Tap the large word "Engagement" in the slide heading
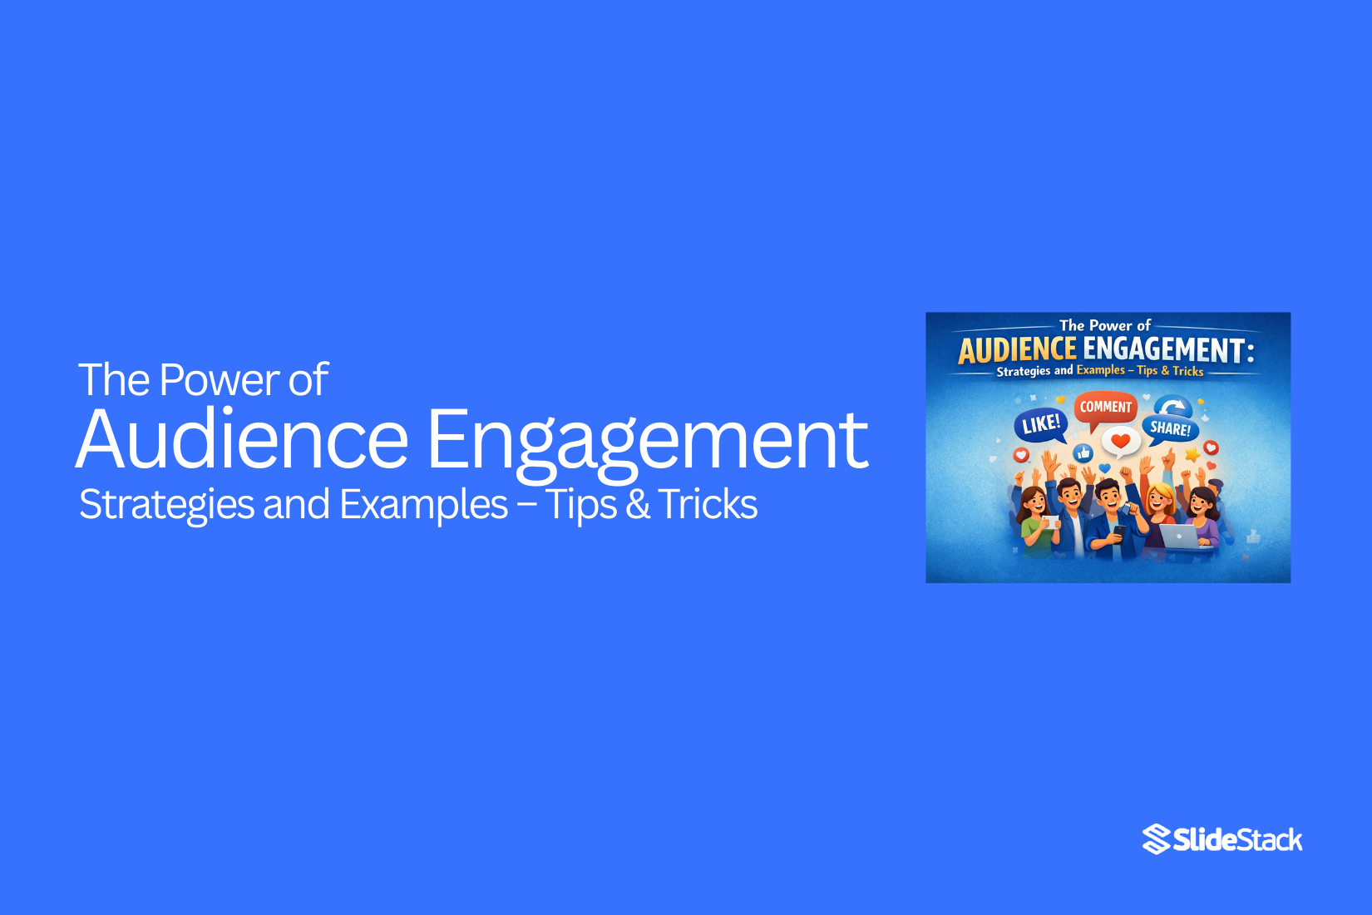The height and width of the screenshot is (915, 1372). click(x=647, y=441)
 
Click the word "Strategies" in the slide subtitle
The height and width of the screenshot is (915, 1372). click(x=166, y=505)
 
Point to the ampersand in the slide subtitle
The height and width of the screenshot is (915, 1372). click(x=638, y=505)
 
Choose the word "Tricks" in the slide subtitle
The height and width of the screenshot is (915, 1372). click(x=708, y=505)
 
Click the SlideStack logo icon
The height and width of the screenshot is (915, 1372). click(x=1156, y=839)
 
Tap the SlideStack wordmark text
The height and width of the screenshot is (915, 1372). click(x=1237, y=840)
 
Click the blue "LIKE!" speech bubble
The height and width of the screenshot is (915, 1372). click(x=1040, y=425)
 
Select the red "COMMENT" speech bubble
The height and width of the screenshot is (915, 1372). click(x=1105, y=408)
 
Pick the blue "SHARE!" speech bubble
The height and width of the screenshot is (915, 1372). click(x=1170, y=429)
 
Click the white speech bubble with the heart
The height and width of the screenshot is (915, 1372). click(x=1121, y=442)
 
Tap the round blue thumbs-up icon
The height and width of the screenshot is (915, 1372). click(x=1083, y=453)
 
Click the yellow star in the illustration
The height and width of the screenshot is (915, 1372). click(x=1192, y=454)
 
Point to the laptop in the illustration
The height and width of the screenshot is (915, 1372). click(x=1180, y=537)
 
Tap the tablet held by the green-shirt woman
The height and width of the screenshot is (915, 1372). click(x=1049, y=522)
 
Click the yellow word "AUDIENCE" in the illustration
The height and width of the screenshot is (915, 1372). click(x=1017, y=350)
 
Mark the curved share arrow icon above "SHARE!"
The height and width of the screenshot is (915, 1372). click(x=1173, y=407)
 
